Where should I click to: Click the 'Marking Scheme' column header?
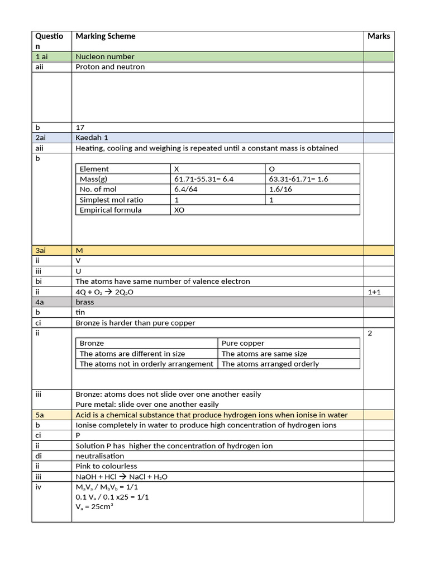pos(106,36)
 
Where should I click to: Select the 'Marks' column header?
pos(379,36)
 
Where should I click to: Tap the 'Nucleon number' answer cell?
pos(105,57)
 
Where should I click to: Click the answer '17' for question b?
pos(80,128)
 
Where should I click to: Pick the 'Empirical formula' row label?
pos(111,210)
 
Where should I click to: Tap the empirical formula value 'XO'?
pos(180,210)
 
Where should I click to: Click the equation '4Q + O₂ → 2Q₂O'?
pos(104,292)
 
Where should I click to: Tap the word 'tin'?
pos(80,312)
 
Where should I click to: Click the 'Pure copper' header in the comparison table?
pos(243,343)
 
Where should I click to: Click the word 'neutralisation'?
pos(100,456)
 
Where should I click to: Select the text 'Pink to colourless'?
pos(106,466)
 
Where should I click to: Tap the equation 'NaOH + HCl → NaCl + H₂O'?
pos(121,477)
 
